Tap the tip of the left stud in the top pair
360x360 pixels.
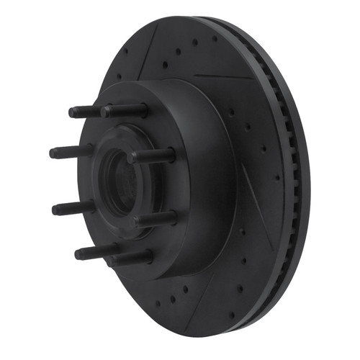[x=72, y=112]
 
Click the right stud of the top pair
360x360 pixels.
[x=126, y=111]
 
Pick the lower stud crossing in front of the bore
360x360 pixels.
[x=155, y=217]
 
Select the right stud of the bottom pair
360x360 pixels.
[x=130, y=257]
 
